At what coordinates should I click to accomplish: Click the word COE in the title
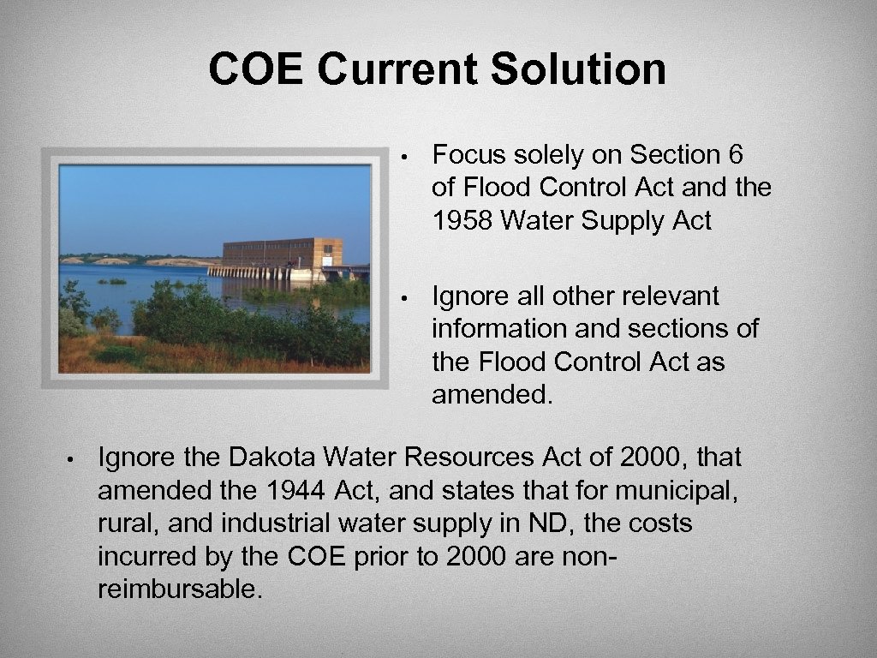tap(255, 69)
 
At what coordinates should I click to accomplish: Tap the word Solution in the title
tap(578, 69)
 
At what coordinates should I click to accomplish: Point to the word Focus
tap(469, 155)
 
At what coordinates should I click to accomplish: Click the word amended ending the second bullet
tap(491, 394)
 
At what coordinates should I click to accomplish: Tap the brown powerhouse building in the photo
tap(283, 252)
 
